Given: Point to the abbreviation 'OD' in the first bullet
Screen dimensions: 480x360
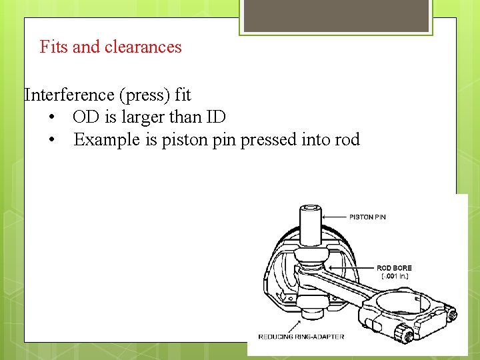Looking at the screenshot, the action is click(85, 117).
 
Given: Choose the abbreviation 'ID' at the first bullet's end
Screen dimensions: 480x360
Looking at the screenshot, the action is click(217, 117).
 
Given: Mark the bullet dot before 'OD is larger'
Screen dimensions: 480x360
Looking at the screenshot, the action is click(51, 118).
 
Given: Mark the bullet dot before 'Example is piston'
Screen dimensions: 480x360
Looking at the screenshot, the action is click(51, 141).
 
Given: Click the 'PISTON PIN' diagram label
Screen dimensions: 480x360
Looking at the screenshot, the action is click(367, 217).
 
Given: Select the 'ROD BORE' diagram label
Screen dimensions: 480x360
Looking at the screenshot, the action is click(394, 268).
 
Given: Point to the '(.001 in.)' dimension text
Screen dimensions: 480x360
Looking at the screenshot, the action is click(395, 276).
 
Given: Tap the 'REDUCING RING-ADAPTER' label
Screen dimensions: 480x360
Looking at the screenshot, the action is click(301, 337).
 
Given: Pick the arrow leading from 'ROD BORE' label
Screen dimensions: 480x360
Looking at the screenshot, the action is click(359, 268).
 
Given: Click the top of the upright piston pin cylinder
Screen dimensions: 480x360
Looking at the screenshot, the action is click(309, 211).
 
